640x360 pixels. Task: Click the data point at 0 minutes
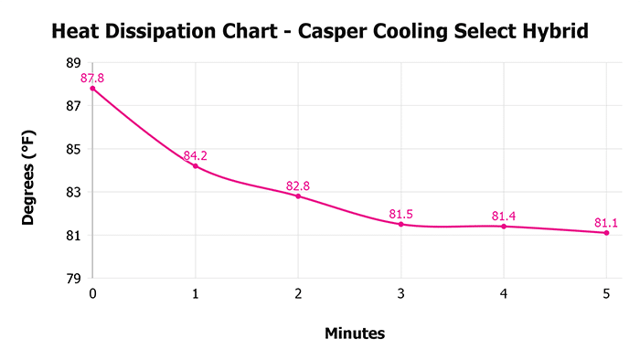(x=93, y=89)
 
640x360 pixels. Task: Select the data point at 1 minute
(x=196, y=165)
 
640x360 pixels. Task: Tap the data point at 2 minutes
(x=298, y=196)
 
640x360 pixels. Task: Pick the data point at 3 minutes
(x=401, y=224)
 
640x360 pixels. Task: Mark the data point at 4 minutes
(x=504, y=226)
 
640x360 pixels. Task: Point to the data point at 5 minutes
(x=606, y=232)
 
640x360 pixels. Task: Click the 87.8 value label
(x=92, y=79)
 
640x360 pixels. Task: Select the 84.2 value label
(x=195, y=155)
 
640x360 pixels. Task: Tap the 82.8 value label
(x=298, y=185)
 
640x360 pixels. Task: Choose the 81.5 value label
(x=400, y=214)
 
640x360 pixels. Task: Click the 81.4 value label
(x=504, y=216)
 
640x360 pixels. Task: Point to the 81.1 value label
(x=606, y=222)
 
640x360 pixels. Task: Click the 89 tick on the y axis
(x=73, y=63)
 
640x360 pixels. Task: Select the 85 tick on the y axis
(x=73, y=149)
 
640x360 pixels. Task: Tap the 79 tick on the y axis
(x=73, y=278)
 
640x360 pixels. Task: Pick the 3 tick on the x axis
(x=401, y=294)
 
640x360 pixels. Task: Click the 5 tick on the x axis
(x=606, y=294)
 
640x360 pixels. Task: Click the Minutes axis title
(x=355, y=334)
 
